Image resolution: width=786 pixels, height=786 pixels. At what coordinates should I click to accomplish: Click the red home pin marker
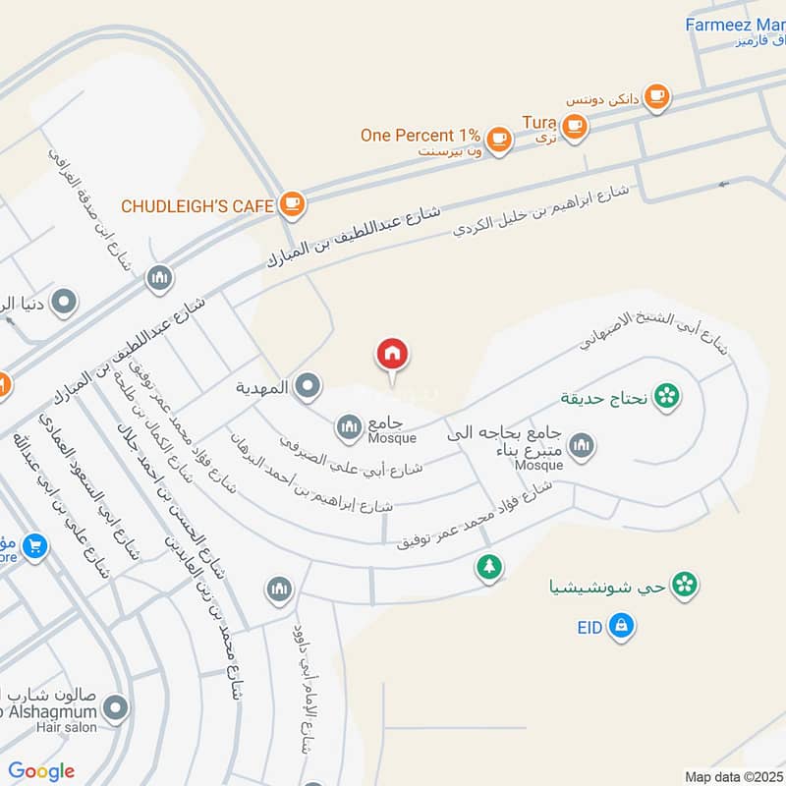coord(392,356)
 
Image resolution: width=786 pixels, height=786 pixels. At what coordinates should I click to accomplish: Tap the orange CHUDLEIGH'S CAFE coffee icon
coord(292,204)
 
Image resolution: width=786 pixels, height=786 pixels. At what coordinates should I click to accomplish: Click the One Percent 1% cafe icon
coord(499,137)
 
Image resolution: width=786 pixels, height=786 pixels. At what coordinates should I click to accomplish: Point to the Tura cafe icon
coord(575,125)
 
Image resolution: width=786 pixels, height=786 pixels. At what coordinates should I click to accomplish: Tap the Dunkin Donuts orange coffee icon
coord(656,96)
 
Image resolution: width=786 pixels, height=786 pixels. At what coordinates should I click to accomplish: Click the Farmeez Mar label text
coord(735,25)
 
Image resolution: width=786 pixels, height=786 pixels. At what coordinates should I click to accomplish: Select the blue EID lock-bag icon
coord(620,625)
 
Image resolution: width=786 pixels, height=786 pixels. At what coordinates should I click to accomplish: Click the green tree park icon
coord(488,567)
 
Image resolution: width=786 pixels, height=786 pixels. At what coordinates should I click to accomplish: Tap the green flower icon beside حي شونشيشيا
coord(686,586)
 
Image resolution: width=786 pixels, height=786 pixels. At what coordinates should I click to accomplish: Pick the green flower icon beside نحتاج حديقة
coord(667,397)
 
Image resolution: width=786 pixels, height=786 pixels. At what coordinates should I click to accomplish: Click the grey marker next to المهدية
coord(309,387)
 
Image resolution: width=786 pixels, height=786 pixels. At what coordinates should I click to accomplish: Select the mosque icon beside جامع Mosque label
coord(348,426)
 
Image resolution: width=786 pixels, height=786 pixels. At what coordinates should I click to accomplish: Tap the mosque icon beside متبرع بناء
coord(582,446)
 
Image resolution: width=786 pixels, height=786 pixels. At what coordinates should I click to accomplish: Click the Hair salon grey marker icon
coord(116,707)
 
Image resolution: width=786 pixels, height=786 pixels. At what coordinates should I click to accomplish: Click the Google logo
coord(41,771)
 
